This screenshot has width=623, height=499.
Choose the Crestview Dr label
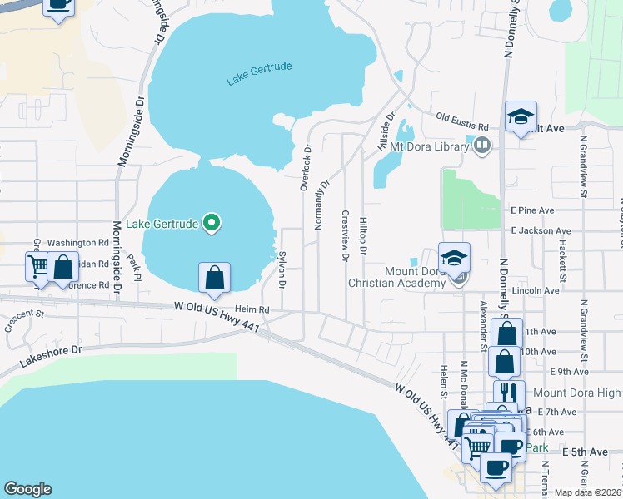click(345, 234)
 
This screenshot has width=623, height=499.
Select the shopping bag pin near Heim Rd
click(214, 278)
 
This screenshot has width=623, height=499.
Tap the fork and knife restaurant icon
click(508, 393)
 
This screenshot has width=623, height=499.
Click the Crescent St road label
click(23, 320)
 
